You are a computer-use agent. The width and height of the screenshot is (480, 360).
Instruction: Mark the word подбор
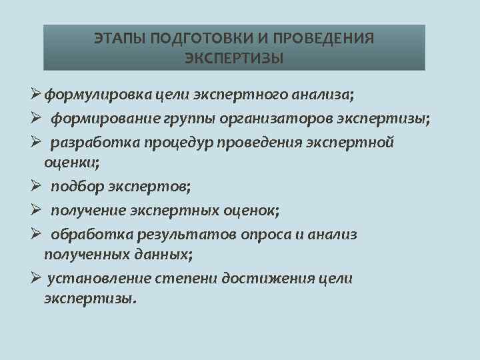75,187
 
